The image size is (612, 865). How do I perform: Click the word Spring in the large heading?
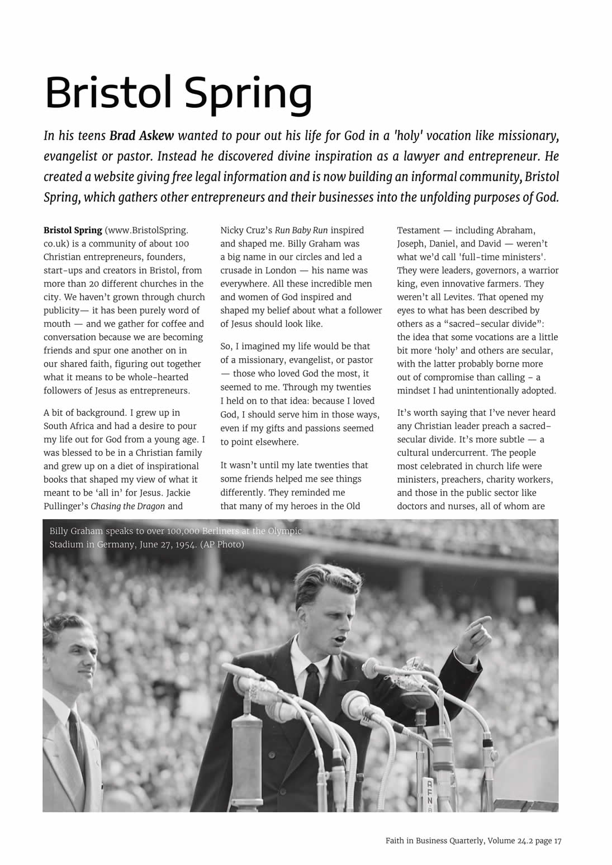point(248,93)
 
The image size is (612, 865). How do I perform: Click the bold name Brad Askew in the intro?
point(141,136)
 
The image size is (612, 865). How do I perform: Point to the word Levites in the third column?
point(507,297)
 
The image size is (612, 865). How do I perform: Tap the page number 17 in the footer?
point(557,840)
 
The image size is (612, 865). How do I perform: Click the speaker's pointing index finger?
point(481,620)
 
